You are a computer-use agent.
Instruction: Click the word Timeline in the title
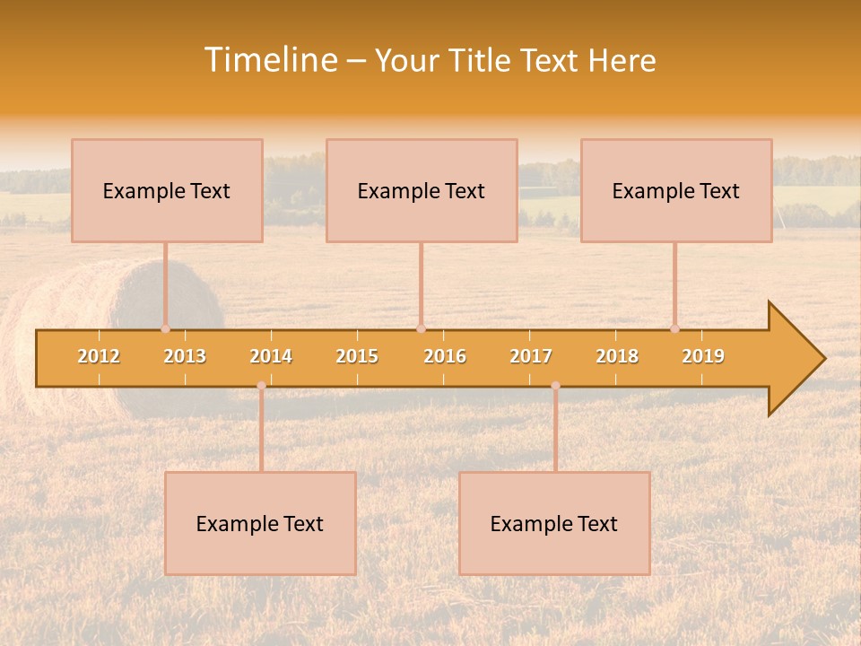[269, 60]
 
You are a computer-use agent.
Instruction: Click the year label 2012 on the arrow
[99, 356]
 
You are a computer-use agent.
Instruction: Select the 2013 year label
[185, 356]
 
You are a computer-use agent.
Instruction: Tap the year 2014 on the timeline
[271, 356]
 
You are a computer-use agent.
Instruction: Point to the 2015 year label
[357, 356]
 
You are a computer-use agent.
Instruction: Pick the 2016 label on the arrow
[445, 356]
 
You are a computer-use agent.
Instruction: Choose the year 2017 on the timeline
[531, 356]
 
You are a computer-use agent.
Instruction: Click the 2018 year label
[617, 356]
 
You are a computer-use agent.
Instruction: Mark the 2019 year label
[703, 356]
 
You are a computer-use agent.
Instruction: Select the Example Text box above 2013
[167, 191]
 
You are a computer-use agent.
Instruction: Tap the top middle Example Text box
[422, 191]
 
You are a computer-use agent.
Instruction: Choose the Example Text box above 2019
[676, 191]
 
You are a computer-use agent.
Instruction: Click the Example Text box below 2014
[260, 524]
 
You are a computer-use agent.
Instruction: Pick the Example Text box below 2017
[554, 524]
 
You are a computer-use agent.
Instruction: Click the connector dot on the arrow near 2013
[165, 328]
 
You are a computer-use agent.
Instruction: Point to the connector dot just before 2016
[421, 328]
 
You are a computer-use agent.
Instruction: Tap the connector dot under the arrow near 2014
[261, 386]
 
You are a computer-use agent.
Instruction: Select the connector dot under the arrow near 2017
[555, 386]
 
